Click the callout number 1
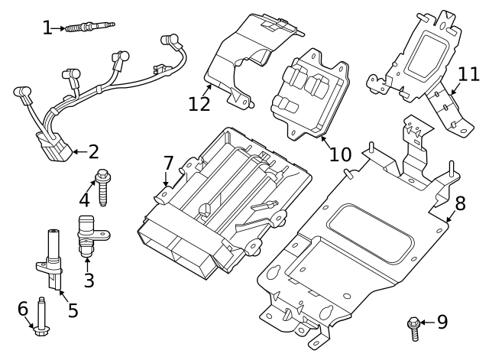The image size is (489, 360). click(47, 28)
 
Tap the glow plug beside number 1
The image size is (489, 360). click(89, 28)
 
